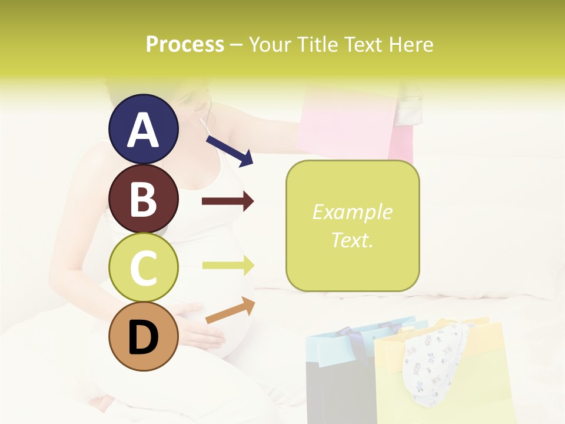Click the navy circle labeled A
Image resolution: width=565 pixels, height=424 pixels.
click(x=144, y=129)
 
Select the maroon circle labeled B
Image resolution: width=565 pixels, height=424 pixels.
click(x=144, y=198)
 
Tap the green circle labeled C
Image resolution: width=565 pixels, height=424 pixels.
click(x=144, y=268)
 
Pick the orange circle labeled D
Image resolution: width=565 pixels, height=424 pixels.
click(x=144, y=337)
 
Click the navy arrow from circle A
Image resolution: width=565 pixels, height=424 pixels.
click(x=230, y=150)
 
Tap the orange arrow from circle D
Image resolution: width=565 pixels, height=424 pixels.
click(x=230, y=310)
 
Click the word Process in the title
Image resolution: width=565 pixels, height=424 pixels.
click(x=185, y=45)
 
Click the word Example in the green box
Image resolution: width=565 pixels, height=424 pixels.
click(x=352, y=212)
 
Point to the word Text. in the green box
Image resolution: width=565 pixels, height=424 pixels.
click(x=352, y=240)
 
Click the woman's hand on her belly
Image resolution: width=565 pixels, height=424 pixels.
click(x=200, y=330)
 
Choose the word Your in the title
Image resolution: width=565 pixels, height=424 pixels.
click(x=271, y=45)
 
